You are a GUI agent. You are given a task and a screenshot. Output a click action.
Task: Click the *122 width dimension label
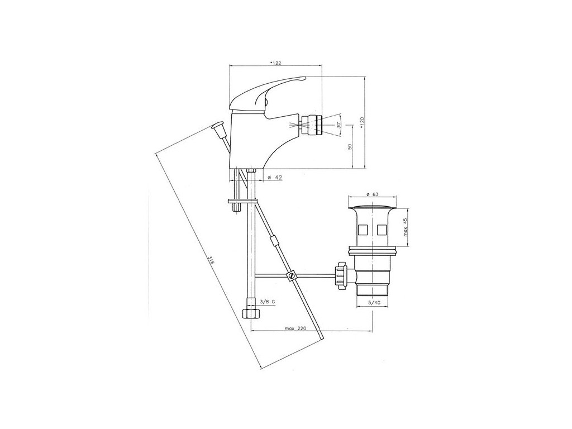275,63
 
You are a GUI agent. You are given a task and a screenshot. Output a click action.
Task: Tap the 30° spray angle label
339,125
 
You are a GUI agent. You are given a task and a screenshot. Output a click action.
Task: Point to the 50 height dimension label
350,147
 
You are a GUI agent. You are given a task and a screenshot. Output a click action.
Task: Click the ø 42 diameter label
275,177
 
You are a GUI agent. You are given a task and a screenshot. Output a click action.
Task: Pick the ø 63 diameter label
371,194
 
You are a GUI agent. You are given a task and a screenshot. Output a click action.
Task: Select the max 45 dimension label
405,227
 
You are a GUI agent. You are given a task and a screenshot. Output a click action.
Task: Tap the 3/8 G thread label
268,302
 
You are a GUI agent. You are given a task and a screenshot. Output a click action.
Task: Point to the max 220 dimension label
295,328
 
